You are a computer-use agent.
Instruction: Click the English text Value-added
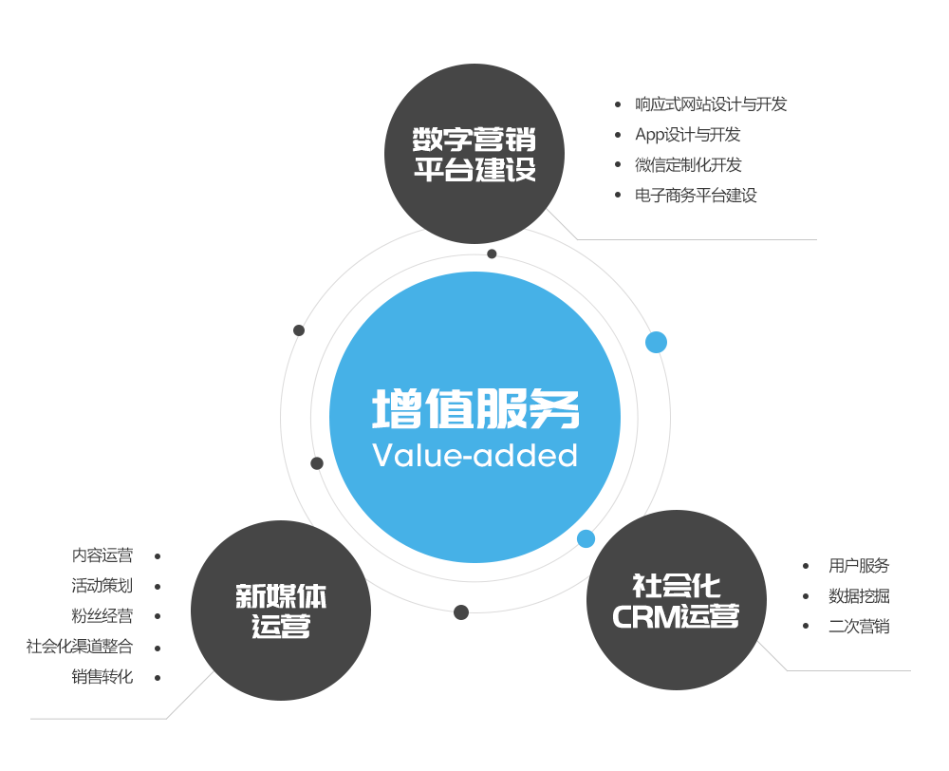click(x=475, y=456)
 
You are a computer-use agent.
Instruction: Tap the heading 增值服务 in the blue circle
click(x=475, y=409)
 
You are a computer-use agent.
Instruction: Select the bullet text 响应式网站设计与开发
click(x=711, y=104)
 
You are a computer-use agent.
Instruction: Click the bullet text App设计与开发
click(x=687, y=135)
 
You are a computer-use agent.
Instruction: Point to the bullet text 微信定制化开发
click(x=687, y=164)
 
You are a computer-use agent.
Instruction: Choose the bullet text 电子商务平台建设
click(x=696, y=195)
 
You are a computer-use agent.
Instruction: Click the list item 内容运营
click(x=102, y=555)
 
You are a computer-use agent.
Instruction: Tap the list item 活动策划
click(x=102, y=586)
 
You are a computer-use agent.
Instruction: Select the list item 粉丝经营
click(x=102, y=616)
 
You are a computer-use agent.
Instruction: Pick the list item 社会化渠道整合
click(x=80, y=647)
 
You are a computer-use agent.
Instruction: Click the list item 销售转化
click(x=102, y=676)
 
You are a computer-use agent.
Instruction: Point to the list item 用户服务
click(x=859, y=566)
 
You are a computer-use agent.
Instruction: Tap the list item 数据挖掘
click(x=859, y=596)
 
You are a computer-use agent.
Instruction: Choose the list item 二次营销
click(x=859, y=627)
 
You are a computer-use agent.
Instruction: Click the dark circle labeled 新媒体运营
click(x=281, y=611)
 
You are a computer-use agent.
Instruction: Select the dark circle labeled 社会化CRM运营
click(x=676, y=599)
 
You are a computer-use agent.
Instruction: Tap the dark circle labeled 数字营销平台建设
click(x=474, y=153)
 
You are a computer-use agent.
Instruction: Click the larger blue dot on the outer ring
click(x=656, y=342)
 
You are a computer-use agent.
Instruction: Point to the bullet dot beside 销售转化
click(x=158, y=678)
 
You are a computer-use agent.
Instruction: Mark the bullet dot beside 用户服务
click(x=806, y=566)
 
